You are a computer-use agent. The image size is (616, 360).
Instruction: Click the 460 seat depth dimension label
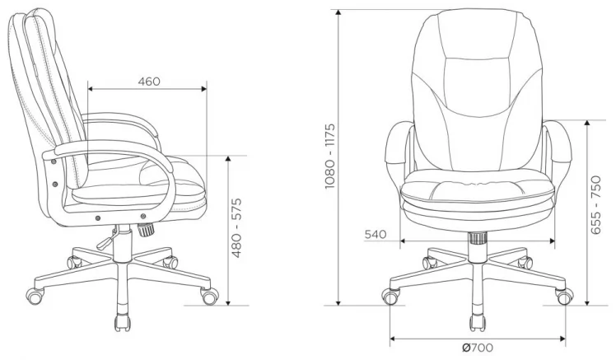[x=148, y=82]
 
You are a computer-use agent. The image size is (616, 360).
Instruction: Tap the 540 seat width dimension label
[x=376, y=234]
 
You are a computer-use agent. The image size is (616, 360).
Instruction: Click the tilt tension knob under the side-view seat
[x=147, y=231]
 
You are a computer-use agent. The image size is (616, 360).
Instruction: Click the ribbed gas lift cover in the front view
[x=478, y=240]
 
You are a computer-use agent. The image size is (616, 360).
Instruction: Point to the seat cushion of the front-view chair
[x=478, y=194]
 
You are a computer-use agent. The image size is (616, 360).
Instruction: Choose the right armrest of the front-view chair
[x=558, y=152]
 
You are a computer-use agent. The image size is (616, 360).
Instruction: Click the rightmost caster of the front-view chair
[x=565, y=295]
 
